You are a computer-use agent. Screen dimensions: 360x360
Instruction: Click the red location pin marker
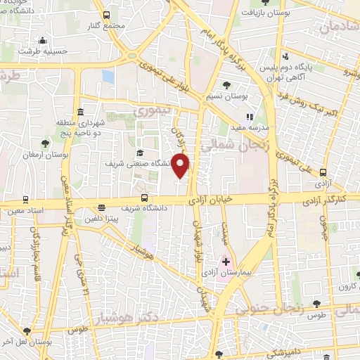(x=181, y=166)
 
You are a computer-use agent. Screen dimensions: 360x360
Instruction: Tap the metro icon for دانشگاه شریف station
(x=144, y=198)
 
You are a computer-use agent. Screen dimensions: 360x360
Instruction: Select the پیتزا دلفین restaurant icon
(x=103, y=207)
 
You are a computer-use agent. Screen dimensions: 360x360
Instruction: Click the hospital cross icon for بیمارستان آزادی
(x=226, y=262)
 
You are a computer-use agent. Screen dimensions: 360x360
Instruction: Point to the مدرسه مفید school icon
(x=249, y=117)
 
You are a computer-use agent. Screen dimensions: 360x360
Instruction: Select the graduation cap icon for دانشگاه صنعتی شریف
(x=140, y=153)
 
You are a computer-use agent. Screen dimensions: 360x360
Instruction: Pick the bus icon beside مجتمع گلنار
(x=105, y=15)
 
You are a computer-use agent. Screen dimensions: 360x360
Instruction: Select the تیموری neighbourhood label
(x=152, y=110)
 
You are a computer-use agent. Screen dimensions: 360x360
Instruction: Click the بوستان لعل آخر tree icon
(x=27, y=330)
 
